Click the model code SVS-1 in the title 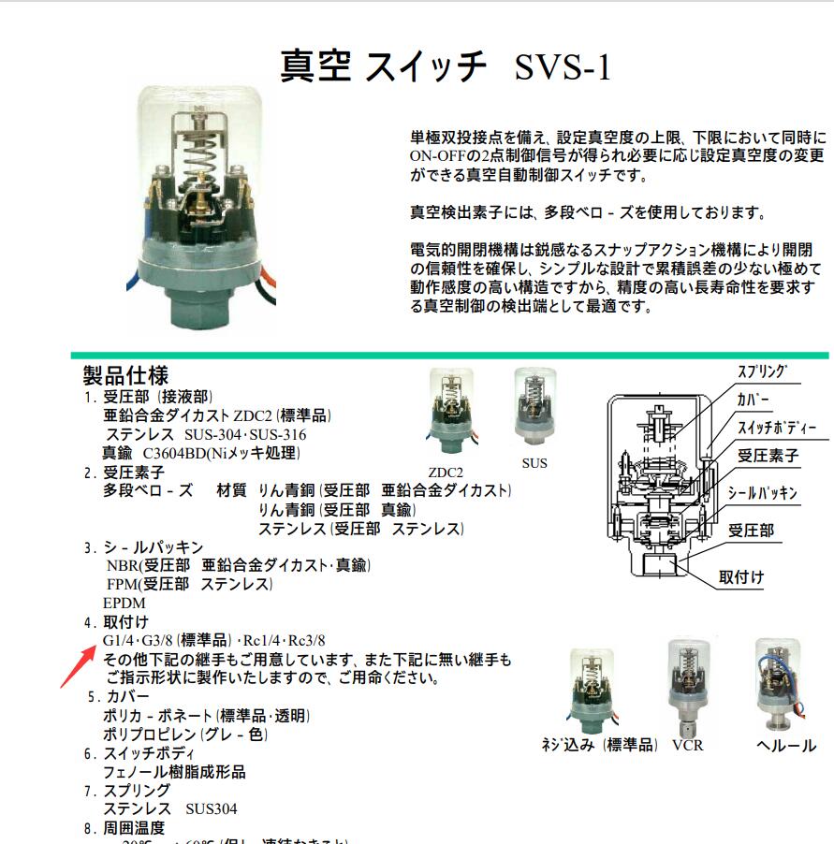(x=563, y=68)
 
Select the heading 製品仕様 (x=125, y=376)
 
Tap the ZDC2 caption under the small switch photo (x=446, y=473)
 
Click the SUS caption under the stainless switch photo (x=534, y=463)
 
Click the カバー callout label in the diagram (x=755, y=400)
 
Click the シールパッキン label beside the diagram (x=766, y=492)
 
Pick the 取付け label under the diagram (x=740, y=577)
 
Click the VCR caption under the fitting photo (x=687, y=746)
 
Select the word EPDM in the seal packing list (x=124, y=604)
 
